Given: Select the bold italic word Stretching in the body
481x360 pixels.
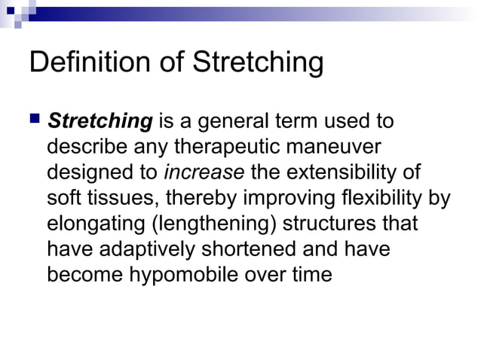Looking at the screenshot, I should pos(100,121).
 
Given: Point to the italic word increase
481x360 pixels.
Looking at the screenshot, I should pos(204,172).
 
